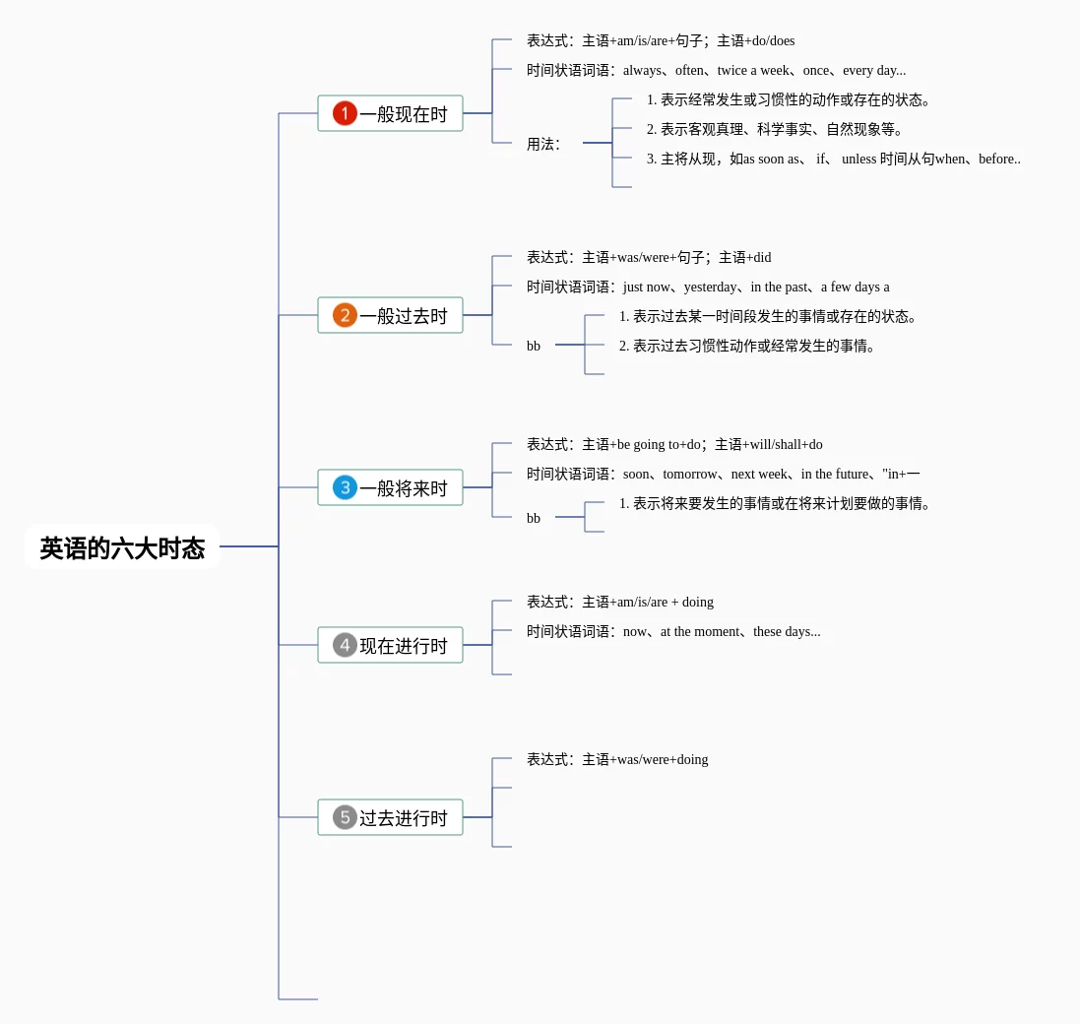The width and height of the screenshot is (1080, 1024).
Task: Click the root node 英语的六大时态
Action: tap(122, 546)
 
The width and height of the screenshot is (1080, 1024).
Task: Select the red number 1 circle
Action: tap(346, 113)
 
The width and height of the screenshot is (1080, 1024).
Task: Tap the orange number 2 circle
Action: tap(346, 315)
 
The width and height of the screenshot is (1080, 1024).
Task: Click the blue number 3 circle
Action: tap(346, 487)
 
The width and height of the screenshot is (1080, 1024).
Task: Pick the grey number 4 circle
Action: tap(346, 645)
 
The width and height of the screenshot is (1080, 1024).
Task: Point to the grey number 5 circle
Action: tap(346, 817)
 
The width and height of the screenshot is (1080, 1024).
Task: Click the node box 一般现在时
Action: tap(390, 113)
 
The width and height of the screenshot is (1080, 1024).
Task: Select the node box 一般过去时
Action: tap(390, 315)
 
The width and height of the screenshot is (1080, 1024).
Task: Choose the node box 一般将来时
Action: tap(390, 487)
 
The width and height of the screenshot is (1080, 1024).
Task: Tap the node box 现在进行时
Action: tap(390, 645)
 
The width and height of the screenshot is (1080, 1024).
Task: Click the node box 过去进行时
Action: tap(390, 817)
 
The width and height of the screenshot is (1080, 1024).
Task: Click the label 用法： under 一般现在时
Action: tap(543, 144)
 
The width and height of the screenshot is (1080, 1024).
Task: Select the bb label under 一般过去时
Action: tap(534, 346)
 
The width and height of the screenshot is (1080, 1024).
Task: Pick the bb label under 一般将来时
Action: tap(534, 518)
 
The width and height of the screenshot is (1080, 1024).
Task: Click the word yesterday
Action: tap(710, 288)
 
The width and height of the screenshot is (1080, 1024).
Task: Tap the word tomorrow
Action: tap(689, 474)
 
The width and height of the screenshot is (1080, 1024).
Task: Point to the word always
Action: tap(642, 70)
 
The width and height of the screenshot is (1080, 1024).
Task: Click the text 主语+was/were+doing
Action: tap(645, 759)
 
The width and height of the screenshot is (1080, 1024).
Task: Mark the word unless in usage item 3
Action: tap(858, 160)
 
